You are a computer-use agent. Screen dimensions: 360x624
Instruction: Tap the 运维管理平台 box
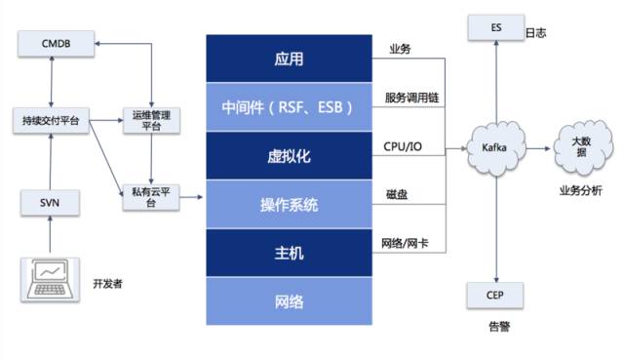[x=151, y=119]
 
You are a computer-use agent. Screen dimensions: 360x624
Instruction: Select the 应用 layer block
[x=290, y=60]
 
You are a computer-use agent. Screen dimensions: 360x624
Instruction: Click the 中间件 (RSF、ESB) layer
[x=290, y=107]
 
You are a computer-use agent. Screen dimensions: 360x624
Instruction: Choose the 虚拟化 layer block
[x=290, y=156]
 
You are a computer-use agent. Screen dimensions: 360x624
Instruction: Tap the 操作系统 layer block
[x=290, y=205]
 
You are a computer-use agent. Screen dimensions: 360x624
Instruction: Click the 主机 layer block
[x=290, y=254]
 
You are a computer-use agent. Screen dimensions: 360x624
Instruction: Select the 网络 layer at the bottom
[x=290, y=301]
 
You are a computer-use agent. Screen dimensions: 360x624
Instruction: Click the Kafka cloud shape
[x=496, y=147]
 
